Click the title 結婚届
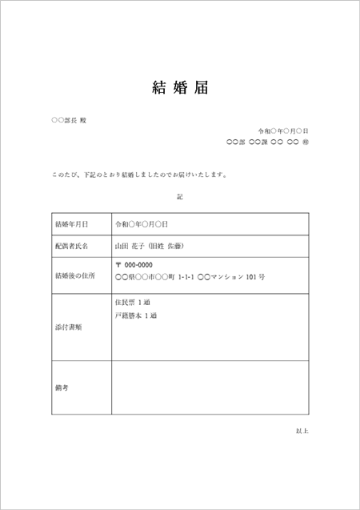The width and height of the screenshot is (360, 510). coord(179,87)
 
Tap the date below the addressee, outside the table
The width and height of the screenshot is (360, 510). coord(283,131)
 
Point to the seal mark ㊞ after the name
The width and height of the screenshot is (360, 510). coord(306,143)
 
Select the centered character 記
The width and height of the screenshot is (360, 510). coord(180,195)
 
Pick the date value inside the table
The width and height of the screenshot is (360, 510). coord(141,224)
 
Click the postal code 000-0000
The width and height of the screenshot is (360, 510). coord(138,265)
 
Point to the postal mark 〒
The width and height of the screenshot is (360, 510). coord(119,265)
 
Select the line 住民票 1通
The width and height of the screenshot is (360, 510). coord(133,302)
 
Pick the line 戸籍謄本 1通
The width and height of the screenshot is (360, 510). coord(136,315)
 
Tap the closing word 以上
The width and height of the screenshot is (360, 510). coord(302,431)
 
